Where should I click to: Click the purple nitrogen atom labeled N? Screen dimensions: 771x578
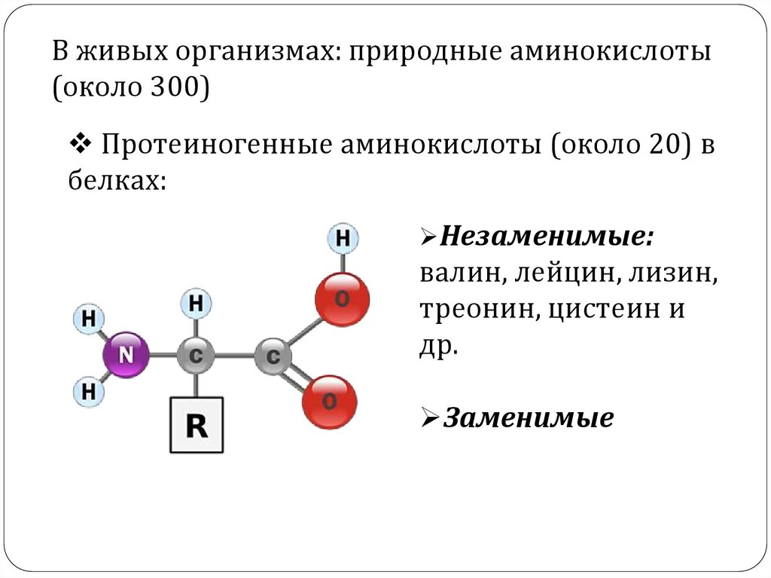(126, 354)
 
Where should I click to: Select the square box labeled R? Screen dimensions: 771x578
(197, 424)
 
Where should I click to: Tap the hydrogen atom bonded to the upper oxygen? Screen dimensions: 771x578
(343, 239)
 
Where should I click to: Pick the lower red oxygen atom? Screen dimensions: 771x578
(329, 402)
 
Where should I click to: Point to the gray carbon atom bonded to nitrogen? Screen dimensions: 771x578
(196, 356)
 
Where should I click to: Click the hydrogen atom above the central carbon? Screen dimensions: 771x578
(196, 304)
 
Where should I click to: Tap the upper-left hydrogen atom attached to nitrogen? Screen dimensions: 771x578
(88, 320)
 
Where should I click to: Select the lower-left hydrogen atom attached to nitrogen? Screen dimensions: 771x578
(88, 391)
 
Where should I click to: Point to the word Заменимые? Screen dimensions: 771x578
(528, 418)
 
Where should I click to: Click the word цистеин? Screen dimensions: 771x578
(592, 310)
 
